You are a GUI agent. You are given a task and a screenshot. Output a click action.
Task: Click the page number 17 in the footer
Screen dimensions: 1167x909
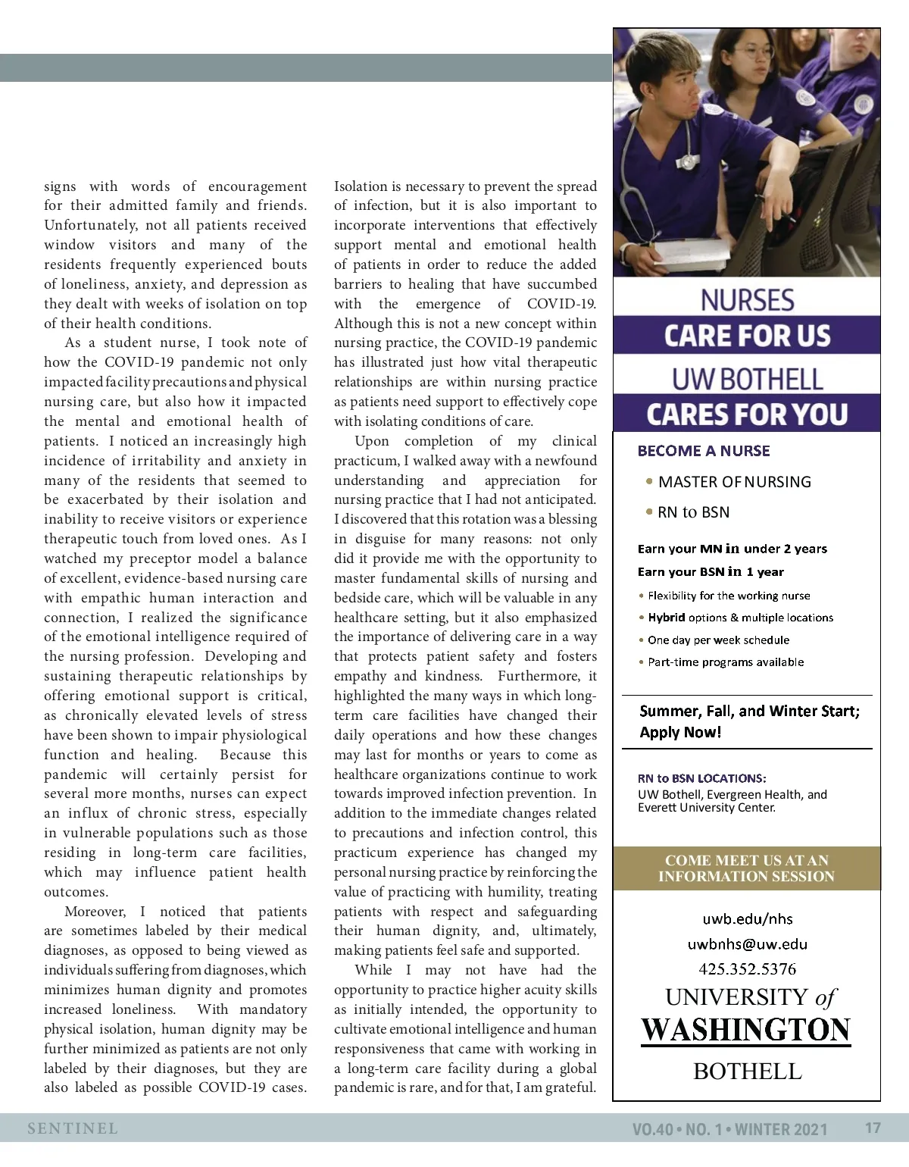tap(873, 1128)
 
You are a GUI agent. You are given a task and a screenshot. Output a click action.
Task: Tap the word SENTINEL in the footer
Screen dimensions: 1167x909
tap(73, 1128)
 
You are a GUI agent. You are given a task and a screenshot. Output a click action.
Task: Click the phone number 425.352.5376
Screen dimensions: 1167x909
tap(747, 968)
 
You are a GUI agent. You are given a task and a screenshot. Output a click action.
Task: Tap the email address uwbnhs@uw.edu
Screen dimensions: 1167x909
tap(747, 944)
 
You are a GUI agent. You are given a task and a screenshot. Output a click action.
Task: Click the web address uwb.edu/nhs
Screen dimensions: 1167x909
tap(747, 919)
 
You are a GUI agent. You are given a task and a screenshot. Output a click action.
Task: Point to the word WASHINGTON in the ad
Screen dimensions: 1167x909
tap(746, 1030)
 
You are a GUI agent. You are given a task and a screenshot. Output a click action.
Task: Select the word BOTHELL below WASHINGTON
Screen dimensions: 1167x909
tap(747, 1071)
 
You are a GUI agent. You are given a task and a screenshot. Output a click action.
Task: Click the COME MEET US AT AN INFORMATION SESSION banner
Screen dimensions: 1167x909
tap(746, 868)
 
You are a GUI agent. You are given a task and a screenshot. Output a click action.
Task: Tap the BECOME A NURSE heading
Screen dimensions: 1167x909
tap(704, 451)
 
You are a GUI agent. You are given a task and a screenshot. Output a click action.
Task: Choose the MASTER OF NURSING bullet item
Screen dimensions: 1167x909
tap(734, 482)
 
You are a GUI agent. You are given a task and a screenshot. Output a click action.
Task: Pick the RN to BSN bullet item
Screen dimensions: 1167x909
tap(693, 512)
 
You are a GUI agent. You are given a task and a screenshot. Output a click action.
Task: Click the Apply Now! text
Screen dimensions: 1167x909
tap(680, 732)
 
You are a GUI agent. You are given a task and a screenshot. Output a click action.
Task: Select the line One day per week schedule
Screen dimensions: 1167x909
tap(718, 640)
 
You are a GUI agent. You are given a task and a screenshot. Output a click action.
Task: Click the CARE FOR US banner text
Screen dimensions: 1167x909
tap(747, 336)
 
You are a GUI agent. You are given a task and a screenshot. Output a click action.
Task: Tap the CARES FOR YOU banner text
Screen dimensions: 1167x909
tap(747, 415)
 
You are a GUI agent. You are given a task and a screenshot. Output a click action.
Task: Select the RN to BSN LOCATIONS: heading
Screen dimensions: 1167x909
tap(701, 778)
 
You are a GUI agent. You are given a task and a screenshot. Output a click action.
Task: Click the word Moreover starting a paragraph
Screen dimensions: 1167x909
tap(95, 912)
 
